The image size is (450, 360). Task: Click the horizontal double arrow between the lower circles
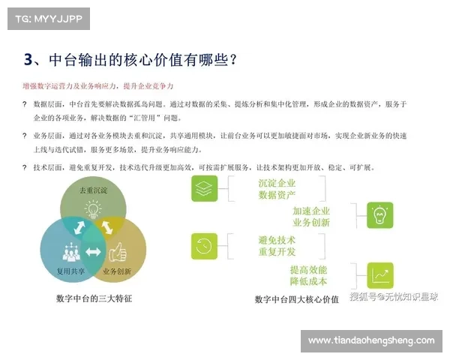tap(94, 251)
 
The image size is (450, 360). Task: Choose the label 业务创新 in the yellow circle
tap(117, 271)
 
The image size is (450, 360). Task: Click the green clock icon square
tap(203, 245)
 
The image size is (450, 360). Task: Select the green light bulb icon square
tap(379, 215)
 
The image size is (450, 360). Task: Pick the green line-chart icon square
tap(379, 275)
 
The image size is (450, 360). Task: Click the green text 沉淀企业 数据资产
tap(277, 189)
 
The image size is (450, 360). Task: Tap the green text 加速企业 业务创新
tap(310, 217)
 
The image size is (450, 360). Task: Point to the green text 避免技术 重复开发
tap(277, 245)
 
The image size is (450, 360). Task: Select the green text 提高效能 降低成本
tap(309, 275)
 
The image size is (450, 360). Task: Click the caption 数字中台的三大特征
tap(94, 298)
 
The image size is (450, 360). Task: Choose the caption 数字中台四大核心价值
tap(296, 298)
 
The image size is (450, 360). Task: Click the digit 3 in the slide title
tap(28, 59)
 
